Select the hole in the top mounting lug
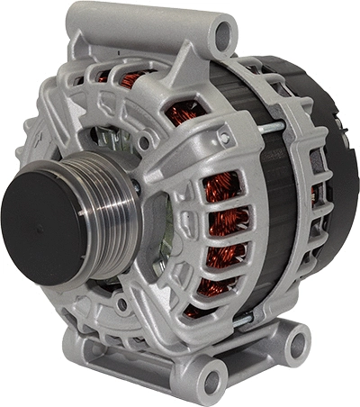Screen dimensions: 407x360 pyautogui.click(x=222, y=37)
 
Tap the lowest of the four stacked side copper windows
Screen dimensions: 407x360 pyautogui.click(x=213, y=286)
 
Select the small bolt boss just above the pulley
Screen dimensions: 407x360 pyautogui.click(x=143, y=141)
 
